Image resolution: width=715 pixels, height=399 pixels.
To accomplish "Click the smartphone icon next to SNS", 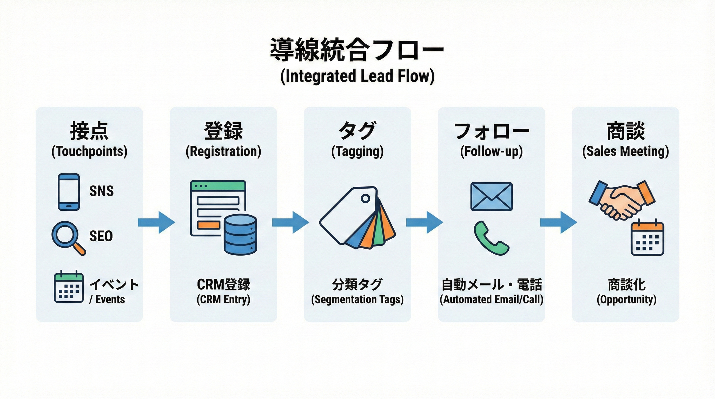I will (x=69, y=192).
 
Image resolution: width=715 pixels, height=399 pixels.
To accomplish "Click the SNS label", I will (x=101, y=191).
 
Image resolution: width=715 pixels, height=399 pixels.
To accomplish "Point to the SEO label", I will (x=101, y=236).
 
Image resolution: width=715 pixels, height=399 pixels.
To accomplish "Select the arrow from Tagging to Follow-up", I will (x=424, y=222).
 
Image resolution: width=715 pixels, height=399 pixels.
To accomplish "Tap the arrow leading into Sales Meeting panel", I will (x=558, y=222).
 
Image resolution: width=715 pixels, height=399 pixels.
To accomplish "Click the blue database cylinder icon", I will (x=240, y=235).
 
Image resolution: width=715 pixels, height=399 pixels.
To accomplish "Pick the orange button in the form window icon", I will (x=208, y=225).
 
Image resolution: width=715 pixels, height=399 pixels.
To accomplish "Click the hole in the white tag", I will (x=365, y=198).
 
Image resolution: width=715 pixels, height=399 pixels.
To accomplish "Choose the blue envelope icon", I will (x=491, y=196).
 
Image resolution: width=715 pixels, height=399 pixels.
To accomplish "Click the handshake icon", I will (x=622, y=200).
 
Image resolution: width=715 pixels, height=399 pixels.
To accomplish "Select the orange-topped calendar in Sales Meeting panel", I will (x=647, y=238).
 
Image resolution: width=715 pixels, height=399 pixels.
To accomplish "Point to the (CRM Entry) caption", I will (x=223, y=300).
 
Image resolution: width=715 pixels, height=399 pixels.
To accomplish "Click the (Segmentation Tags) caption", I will (x=357, y=300).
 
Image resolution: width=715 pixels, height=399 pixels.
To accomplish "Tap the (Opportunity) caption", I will (x=626, y=300).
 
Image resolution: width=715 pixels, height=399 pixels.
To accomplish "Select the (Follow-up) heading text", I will (x=491, y=151).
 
